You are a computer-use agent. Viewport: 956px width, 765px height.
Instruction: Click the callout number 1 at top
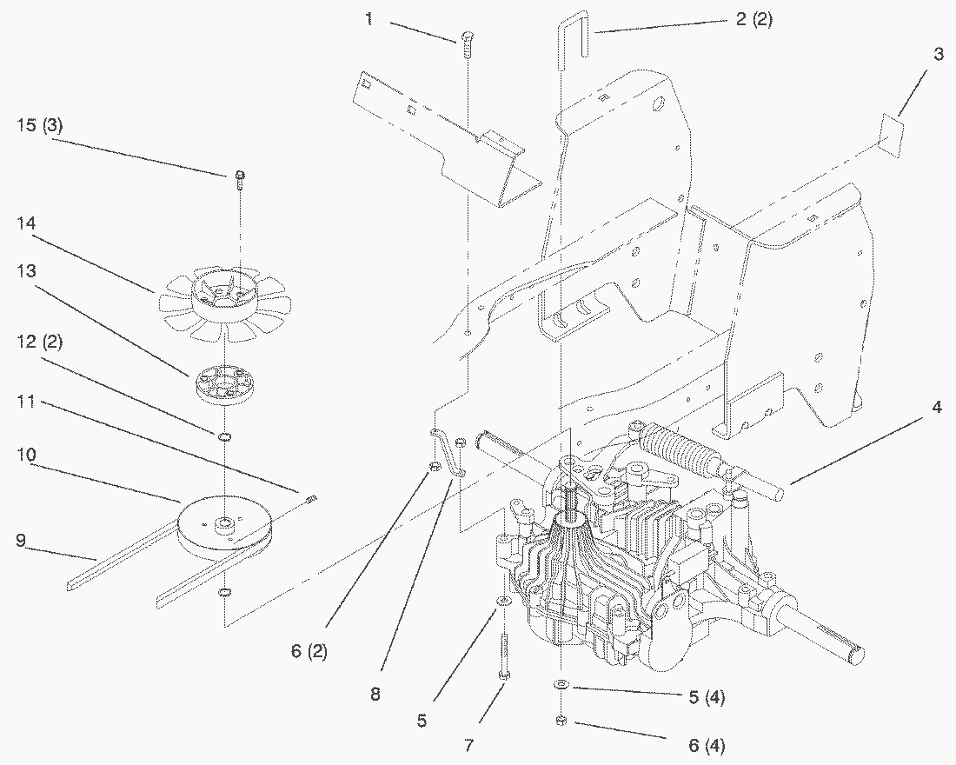(x=369, y=19)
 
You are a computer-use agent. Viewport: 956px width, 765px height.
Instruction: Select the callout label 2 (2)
(x=754, y=20)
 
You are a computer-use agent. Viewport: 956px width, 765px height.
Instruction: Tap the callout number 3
(x=938, y=54)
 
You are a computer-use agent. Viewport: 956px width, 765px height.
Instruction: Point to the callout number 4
(x=937, y=407)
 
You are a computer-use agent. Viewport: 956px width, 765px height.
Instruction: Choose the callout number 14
(x=26, y=223)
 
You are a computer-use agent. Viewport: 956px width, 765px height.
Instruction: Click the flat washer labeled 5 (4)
(x=562, y=685)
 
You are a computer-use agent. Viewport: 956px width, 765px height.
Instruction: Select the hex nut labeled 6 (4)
(x=561, y=720)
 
